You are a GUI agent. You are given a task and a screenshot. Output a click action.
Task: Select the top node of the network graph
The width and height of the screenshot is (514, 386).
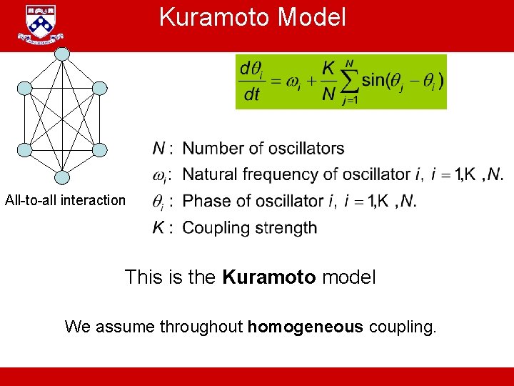pos(63,54)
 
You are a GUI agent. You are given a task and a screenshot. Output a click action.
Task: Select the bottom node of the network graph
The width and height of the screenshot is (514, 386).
pos(63,177)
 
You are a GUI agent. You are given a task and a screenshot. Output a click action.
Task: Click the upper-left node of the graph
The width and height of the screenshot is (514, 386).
pos(25,89)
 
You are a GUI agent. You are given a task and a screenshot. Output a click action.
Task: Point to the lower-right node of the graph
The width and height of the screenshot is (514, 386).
pos(100,150)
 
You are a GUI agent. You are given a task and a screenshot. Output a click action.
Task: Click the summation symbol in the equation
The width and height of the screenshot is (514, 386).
pos(349,81)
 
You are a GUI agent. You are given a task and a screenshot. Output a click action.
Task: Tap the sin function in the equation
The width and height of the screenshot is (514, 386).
pos(374,81)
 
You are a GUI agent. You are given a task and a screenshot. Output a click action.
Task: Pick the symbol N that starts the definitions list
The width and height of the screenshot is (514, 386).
pos(159,149)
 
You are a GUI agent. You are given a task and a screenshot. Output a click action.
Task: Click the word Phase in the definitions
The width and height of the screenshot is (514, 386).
pos(205,202)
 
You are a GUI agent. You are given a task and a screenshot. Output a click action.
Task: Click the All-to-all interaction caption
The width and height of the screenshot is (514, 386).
pos(65,200)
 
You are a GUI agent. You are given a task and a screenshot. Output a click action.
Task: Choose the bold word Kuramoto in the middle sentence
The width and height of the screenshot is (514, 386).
pos(269,277)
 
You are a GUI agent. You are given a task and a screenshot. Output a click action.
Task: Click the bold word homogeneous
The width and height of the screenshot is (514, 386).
pos(306,327)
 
